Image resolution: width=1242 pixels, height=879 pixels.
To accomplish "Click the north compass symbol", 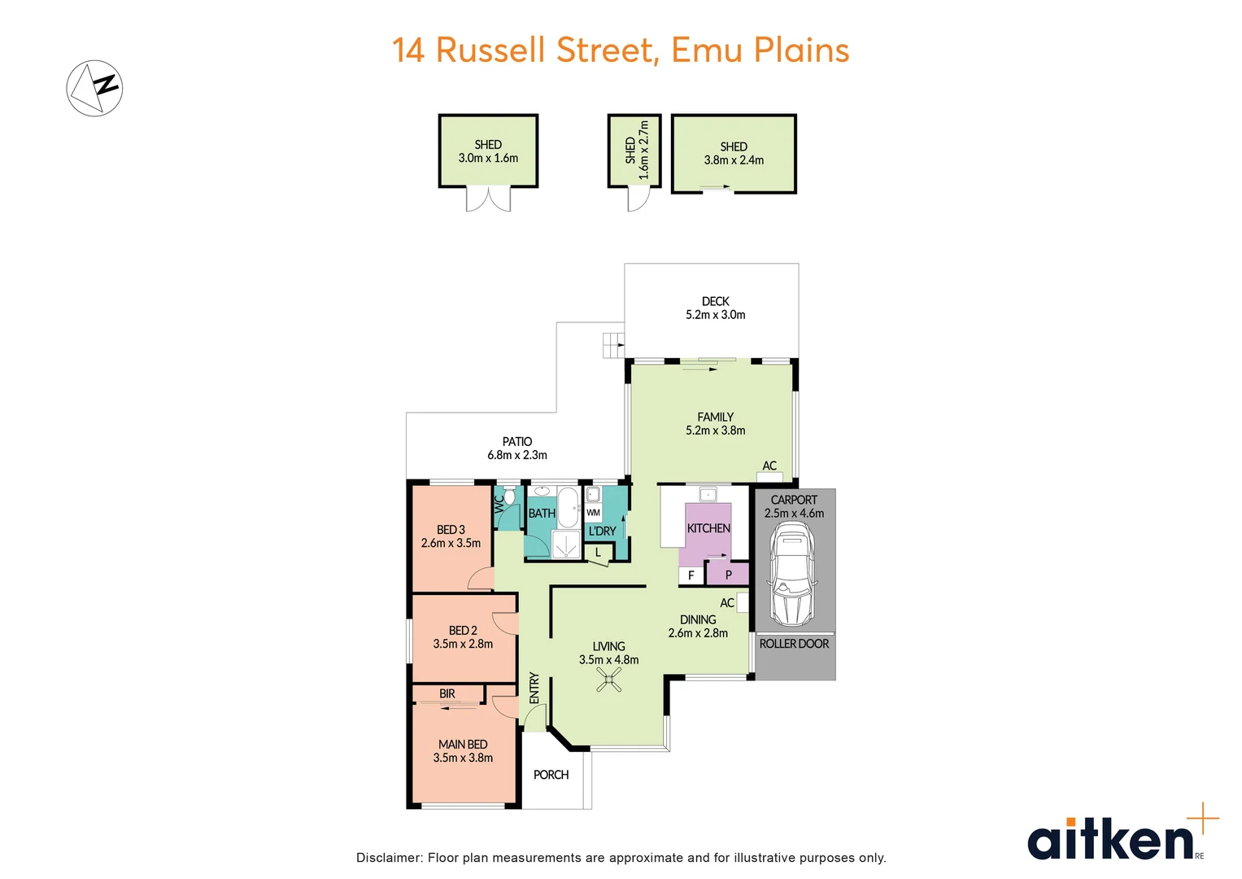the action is coord(94,88).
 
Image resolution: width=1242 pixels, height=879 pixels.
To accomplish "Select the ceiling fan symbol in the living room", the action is coord(609,680).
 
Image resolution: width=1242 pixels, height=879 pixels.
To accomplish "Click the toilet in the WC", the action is coord(509,495).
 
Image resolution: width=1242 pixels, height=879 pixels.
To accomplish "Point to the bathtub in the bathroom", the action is coord(568,507).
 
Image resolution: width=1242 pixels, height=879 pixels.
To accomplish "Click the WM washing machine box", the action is coord(593,512).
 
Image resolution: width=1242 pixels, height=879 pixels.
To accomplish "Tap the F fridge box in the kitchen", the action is coord(691,575).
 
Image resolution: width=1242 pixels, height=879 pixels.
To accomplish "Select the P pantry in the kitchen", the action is coord(728,574).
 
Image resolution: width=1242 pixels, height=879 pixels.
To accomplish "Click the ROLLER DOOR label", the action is coord(794,644).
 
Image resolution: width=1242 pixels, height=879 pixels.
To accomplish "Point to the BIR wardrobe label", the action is coord(447,693).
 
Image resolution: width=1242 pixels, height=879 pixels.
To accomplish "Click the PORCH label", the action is coord(551,775).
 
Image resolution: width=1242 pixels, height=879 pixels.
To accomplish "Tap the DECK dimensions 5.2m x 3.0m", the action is coord(715,315).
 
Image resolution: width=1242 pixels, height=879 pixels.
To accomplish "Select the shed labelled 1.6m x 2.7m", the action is coord(634,151).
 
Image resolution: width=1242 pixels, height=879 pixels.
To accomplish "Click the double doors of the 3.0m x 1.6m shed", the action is coord(488,199).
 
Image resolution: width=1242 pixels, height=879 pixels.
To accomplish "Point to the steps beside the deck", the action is coord(614,345).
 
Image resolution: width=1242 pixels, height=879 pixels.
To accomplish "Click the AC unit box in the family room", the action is coord(769,477).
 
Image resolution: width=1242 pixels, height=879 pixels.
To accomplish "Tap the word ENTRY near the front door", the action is coord(534,688).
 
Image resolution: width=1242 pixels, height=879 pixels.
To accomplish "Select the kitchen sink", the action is coord(708,494).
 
